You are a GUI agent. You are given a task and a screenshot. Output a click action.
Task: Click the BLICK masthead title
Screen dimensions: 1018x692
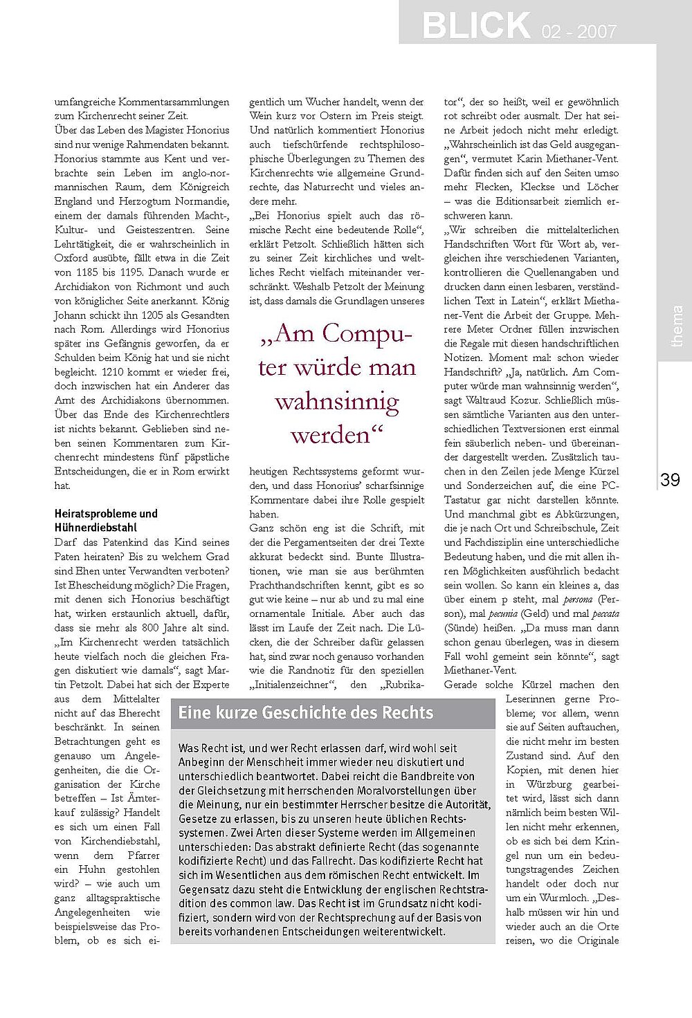point(475,25)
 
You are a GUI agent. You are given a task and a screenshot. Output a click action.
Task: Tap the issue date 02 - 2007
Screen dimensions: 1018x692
point(576,31)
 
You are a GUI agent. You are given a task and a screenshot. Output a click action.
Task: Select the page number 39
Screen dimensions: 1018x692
point(670,480)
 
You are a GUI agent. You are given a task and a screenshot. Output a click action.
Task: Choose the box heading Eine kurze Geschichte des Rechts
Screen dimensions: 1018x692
point(306,713)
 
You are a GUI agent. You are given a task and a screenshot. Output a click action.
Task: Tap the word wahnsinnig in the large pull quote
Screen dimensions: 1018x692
point(336,401)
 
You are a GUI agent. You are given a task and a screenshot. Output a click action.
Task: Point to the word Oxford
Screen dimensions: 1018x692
point(71,258)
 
